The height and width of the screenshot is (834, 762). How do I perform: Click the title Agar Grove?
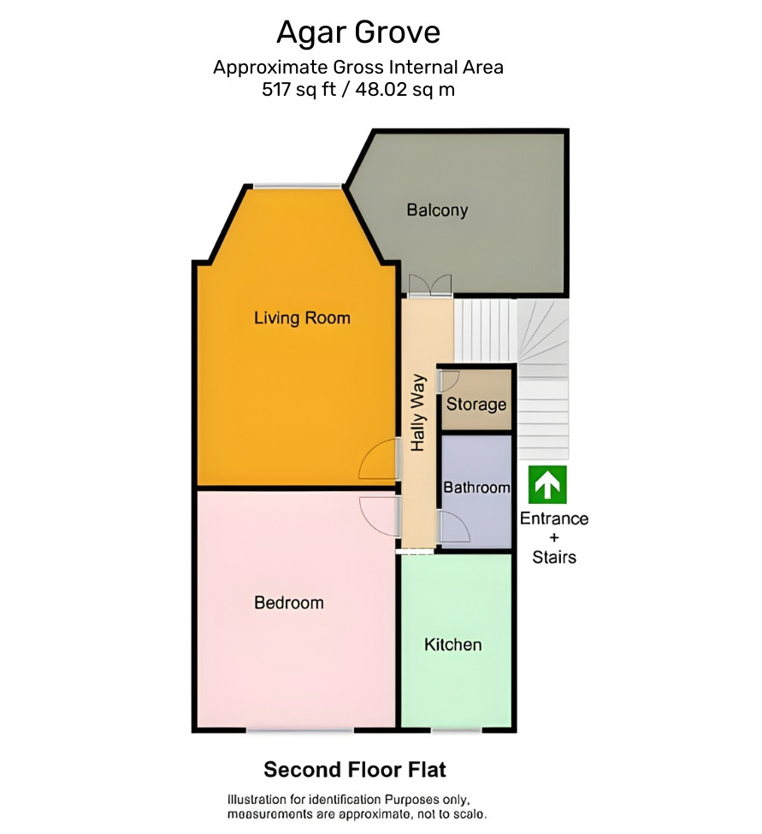point(357,33)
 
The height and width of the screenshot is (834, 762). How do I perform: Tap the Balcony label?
point(437,210)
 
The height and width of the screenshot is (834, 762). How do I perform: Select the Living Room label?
point(302,318)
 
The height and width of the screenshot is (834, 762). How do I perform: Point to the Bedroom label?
point(289,603)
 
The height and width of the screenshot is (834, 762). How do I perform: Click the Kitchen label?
point(453,645)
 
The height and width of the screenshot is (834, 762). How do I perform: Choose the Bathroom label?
point(476,488)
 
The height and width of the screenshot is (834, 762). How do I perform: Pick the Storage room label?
point(476,405)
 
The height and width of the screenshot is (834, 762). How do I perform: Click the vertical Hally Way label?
point(418,413)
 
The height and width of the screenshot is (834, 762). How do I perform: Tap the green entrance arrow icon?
point(547,484)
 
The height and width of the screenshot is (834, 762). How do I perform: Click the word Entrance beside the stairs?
point(554,518)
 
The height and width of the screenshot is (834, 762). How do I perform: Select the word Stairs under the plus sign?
point(554,557)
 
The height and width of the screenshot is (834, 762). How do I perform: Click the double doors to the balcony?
point(430,285)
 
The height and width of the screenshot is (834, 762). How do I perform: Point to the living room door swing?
point(379,460)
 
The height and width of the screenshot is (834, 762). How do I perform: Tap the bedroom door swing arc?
point(379,517)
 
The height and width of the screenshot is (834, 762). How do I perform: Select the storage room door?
point(448,382)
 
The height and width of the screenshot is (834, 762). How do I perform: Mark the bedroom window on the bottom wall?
point(299,730)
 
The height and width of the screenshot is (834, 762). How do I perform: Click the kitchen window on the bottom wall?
point(456,730)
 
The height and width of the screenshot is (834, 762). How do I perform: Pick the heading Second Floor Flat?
point(355,770)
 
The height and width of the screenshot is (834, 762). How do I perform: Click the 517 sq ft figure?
point(298,89)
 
